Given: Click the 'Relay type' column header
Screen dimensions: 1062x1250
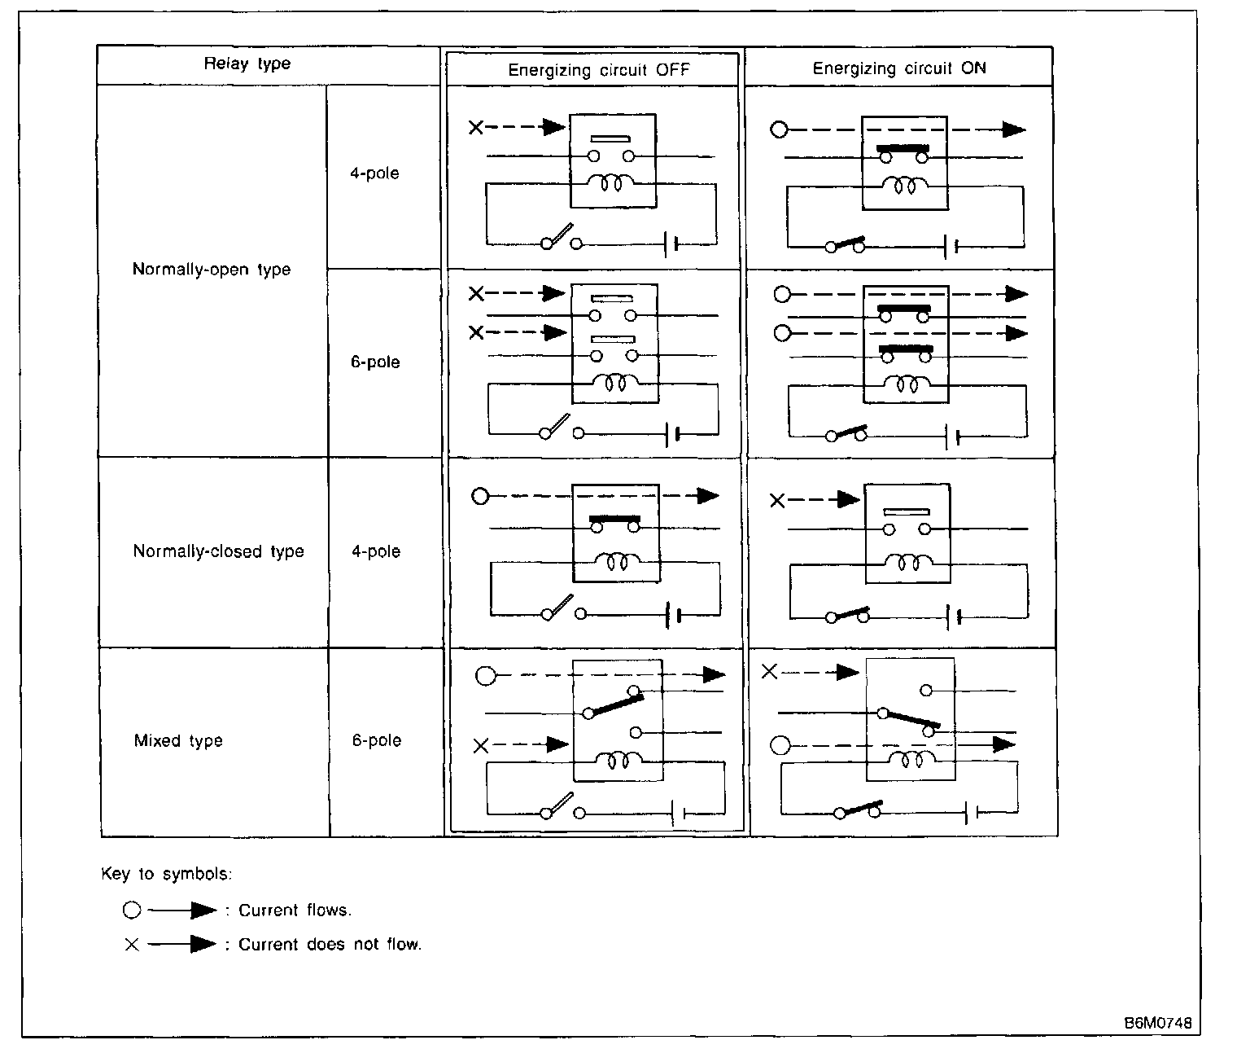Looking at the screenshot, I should pyautogui.click(x=247, y=64).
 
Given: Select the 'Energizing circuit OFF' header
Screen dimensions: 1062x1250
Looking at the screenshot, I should pyautogui.click(x=598, y=70).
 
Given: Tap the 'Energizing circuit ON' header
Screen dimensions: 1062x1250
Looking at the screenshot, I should pyautogui.click(x=899, y=68).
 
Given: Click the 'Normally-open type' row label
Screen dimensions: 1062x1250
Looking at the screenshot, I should pyautogui.click(x=212, y=270).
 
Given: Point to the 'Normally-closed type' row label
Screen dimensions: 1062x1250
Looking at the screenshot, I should pyautogui.click(x=218, y=551).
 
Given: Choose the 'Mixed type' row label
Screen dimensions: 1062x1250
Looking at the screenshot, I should pyautogui.click(x=178, y=741).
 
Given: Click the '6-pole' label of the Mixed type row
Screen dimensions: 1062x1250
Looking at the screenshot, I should pyautogui.click(x=377, y=741).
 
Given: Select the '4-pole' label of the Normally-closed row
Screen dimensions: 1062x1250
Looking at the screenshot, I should pyautogui.click(x=376, y=551).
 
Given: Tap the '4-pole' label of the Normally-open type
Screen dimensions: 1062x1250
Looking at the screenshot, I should pyautogui.click(x=375, y=173).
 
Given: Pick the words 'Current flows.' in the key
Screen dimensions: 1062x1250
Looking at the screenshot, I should pyautogui.click(x=295, y=911).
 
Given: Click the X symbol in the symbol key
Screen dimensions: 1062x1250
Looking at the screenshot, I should pyautogui.click(x=132, y=945).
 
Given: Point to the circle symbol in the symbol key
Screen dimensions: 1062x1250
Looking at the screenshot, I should pyautogui.click(x=132, y=911).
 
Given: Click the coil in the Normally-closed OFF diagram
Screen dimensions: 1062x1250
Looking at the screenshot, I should pyautogui.click(x=618, y=560).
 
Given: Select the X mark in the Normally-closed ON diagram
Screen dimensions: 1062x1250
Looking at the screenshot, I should pyautogui.click(x=777, y=501).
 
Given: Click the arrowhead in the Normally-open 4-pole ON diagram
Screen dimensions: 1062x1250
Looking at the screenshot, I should pyautogui.click(x=1013, y=129).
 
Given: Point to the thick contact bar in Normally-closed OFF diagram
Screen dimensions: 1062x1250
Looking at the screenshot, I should pyautogui.click(x=615, y=518).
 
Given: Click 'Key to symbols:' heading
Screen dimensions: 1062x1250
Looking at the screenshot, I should pyautogui.click(x=167, y=874).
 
